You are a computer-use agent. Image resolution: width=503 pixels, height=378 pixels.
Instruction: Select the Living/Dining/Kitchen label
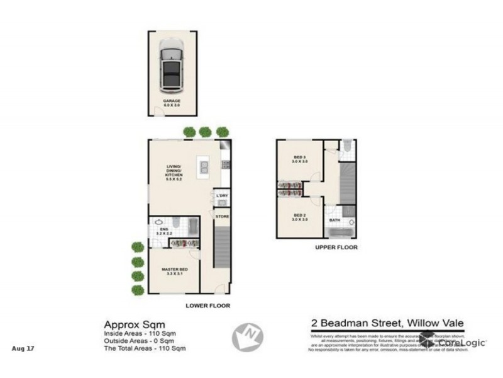point(174,172)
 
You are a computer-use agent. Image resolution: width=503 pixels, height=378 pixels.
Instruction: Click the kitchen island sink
point(204,168)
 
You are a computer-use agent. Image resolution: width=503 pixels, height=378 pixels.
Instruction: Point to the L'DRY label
point(221,195)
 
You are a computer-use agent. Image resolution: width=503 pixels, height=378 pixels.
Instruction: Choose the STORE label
point(222,216)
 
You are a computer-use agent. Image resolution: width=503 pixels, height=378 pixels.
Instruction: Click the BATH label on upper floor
point(334,220)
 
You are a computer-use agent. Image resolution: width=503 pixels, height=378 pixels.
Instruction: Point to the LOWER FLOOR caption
point(207,305)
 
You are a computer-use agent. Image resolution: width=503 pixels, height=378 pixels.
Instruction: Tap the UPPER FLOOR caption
point(336,248)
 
